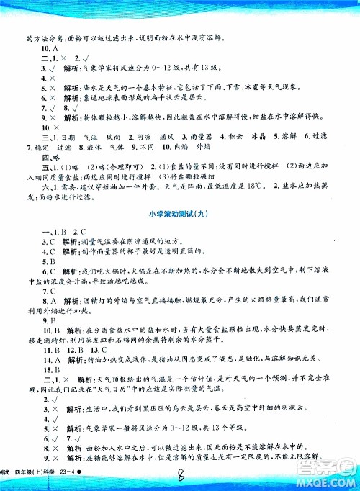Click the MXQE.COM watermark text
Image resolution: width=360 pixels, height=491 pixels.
pos(331,481)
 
